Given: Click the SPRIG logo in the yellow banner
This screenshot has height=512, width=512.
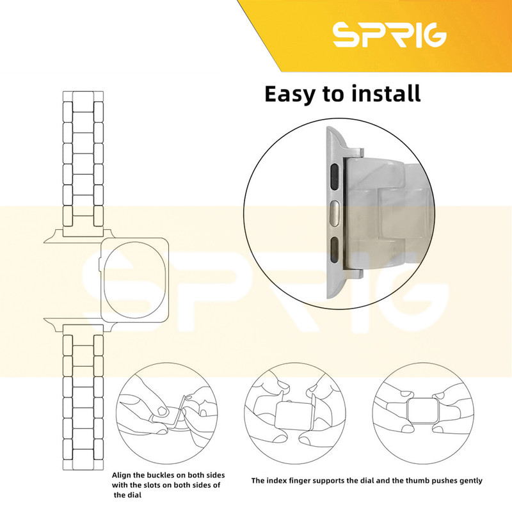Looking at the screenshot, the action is click(390, 35).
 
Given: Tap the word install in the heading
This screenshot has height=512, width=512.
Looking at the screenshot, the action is click(387, 93).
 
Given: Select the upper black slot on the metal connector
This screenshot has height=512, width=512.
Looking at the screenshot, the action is click(335, 177).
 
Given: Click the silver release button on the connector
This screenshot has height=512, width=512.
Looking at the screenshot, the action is click(335, 214).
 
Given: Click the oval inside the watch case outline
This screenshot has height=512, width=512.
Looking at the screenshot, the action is click(135, 278).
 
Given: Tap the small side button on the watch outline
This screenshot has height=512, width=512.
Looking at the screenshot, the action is click(100, 264).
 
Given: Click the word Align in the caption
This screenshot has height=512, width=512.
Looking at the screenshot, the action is click(122, 476).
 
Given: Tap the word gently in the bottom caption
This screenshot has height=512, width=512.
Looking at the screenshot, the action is click(469, 481).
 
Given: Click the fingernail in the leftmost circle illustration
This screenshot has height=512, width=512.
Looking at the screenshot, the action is click(163, 411).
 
